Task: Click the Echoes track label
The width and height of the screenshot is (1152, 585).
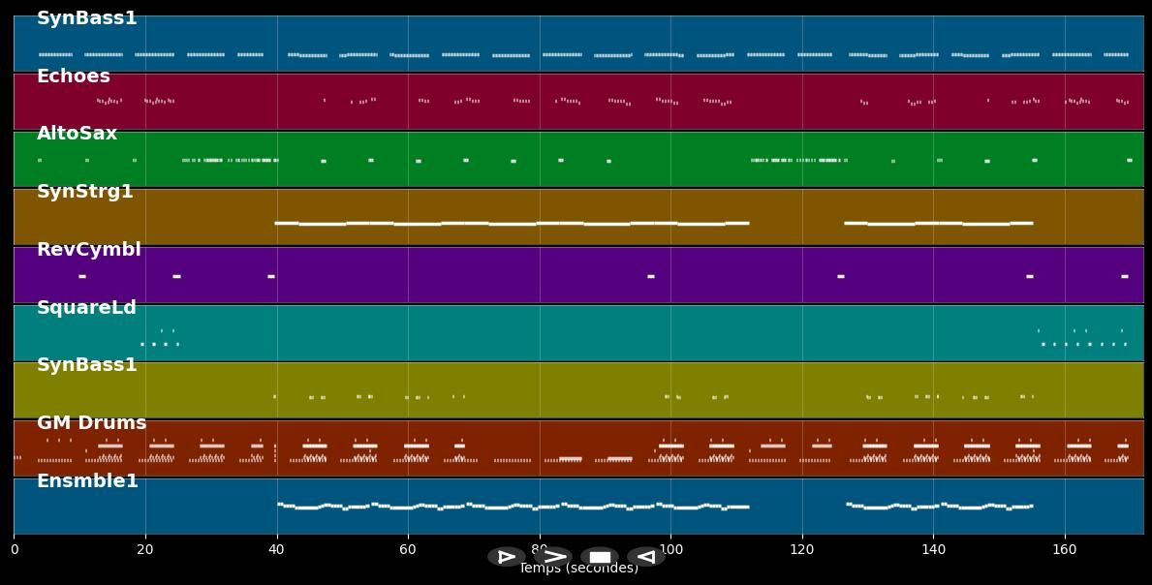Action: tap(74, 77)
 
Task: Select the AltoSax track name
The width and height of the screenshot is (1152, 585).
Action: tap(77, 134)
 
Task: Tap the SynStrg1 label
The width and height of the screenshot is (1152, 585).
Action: tap(84, 192)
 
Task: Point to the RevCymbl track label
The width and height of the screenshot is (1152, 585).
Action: tap(88, 250)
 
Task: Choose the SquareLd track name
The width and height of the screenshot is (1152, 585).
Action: tap(86, 308)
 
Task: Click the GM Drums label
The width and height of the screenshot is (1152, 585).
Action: tap(91, 423)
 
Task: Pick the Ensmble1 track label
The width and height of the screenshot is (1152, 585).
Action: tap(87, 481)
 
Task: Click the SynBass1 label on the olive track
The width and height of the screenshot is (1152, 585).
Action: tap(86, 365)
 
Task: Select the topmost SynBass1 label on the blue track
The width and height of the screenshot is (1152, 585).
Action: tap(86, 18)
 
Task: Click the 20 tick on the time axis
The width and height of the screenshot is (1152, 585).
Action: tap(145, 550)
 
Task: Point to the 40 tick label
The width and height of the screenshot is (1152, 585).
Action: tap(276, 550)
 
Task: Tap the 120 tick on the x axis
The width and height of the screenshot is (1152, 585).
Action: tap(802, 550)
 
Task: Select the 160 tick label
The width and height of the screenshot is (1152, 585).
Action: tap(1065, 550)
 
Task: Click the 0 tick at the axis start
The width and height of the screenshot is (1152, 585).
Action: tap(14, 550)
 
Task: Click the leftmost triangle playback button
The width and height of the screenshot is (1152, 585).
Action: tap(506, 557)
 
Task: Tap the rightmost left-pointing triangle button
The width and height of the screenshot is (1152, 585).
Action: tap(645, 557)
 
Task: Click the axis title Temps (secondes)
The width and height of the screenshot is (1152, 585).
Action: tap(578, 569)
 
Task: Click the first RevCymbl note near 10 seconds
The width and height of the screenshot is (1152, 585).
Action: tap(82, 277)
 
